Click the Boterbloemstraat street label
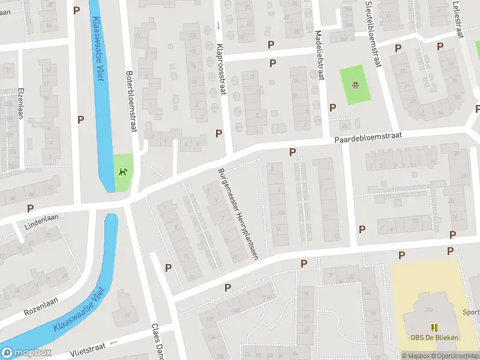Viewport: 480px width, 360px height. coord(129,95)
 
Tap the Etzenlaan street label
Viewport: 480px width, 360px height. coord(20,101)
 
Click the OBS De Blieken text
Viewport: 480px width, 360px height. coord(435,337)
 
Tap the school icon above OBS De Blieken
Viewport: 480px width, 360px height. coord(435,327)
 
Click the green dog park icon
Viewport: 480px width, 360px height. coord(124,173)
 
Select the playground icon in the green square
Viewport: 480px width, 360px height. coord(355,85)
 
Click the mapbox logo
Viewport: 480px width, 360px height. coord(26,353)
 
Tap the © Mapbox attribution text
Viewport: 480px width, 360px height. coord(417,356)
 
